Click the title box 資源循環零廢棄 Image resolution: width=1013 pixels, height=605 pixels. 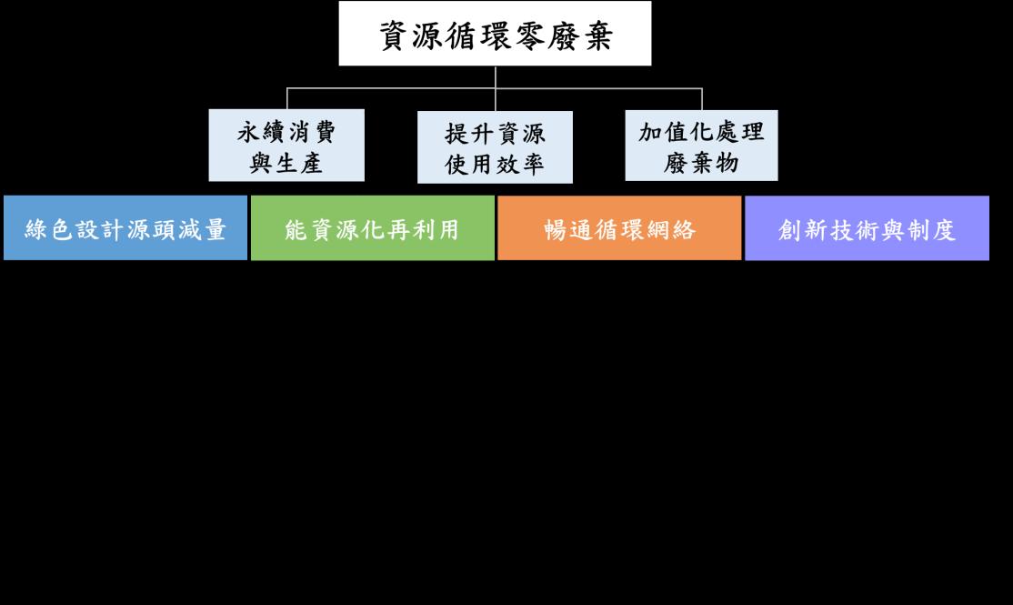pos(495,34)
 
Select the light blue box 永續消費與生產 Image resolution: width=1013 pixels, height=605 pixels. pos(286,146)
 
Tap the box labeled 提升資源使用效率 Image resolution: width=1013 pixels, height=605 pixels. pos(495,146)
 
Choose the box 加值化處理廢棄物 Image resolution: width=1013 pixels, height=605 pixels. pos(701,146)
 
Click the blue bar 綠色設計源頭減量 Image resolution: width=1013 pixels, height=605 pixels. pos(125,228)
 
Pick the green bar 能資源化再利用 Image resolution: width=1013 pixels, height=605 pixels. pos(373,228)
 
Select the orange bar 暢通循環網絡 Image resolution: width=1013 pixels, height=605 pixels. pos(619,228)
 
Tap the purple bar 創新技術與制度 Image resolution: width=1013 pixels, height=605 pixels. pos(867,228)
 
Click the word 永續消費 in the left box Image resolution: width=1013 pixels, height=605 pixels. pos(286,133)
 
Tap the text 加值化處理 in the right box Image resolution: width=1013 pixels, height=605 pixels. pos(701,133)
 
